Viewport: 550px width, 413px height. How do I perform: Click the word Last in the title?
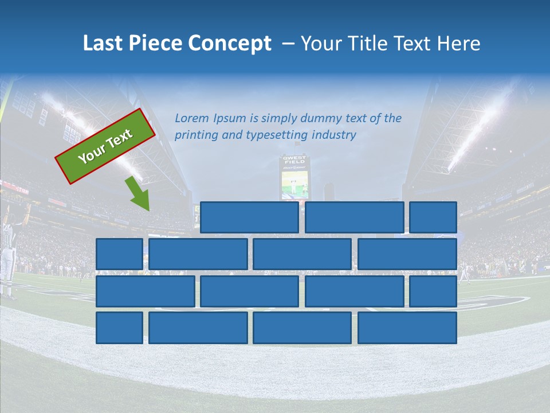[103, 44]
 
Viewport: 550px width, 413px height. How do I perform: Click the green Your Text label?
[105, 146]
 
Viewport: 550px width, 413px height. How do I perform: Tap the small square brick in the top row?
[433, 217]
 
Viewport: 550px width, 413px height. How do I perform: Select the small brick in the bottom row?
[119, 328]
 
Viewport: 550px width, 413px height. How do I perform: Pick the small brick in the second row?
[119, 254]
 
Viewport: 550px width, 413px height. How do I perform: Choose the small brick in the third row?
[433, 291]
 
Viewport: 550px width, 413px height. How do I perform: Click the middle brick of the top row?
[354, 217]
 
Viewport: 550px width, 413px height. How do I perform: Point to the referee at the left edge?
[8, 252]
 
